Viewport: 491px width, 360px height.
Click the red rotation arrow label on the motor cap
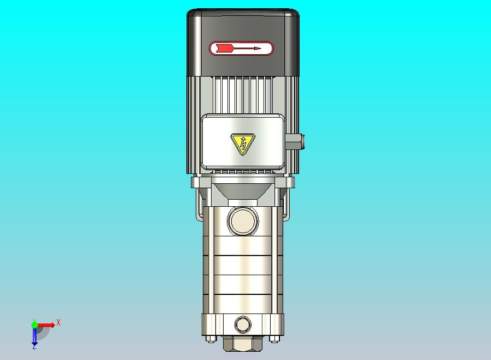tap(241, 49)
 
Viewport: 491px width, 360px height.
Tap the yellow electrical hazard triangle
tap(243, 144)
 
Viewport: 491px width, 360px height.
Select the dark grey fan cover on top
tap(243, 43)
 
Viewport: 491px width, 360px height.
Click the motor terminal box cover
tap(243, 142)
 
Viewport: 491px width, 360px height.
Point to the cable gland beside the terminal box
tap(295, 142)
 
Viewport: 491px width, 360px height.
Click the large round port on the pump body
tap(243, 220)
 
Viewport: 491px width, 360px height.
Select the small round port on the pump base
tap(243, 324)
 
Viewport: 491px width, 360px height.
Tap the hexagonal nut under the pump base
tap(243, 344)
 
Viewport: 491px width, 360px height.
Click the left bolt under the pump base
tap(211, 339)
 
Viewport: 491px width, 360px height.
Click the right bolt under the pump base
tap(274, 339)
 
